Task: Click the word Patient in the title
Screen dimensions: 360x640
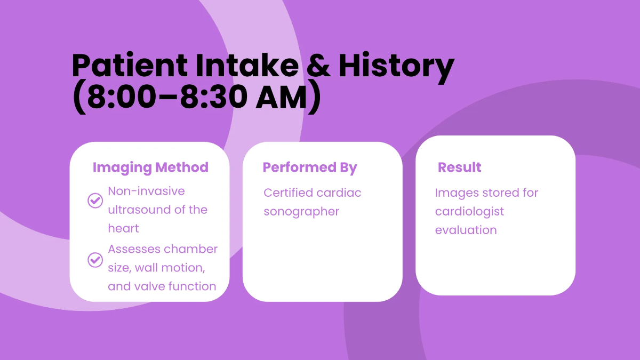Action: pos(130,67)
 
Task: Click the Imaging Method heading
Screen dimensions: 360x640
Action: pos(150,167)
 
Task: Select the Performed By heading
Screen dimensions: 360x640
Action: pos(310,167)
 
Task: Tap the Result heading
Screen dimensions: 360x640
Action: pos(459,167)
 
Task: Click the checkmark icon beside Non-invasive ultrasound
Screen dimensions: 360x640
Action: pos(95,201)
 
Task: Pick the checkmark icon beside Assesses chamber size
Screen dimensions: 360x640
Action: pos(95,260)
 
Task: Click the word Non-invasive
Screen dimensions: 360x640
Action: pos(146,191)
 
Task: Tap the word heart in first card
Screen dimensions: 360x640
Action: pos(123,228)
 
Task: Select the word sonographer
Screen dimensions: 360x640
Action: pos(301,212)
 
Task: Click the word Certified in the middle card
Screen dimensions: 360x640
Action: pos(288,193)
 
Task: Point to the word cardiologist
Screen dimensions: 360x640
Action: pos(469,212)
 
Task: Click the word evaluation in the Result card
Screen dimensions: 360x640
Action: pos(466,230)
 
